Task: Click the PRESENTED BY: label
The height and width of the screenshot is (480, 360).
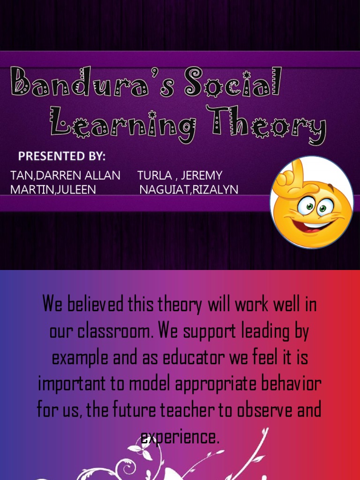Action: [x=61, y=156]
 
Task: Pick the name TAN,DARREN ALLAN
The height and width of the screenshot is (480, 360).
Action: [x=65, y=175]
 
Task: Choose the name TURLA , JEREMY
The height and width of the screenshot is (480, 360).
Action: [x=180, y=175]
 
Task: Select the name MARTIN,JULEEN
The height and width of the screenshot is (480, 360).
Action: [x=53, y=189]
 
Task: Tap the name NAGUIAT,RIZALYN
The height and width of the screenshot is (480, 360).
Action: [x=189, y=189]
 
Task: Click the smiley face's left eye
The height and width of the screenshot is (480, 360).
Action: [x=307, y=206]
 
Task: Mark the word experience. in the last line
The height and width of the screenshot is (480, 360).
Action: [x=180, y=437]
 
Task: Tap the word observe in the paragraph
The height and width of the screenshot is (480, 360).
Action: [x=261, y=411]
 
